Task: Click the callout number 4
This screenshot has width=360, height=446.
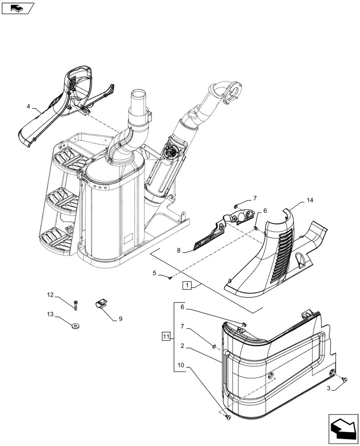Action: (x=29, y=107)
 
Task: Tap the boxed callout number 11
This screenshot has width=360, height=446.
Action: (x=165, y=336)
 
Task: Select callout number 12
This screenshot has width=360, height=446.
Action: (x=50, y=295)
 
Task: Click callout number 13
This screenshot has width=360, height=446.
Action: (x=50, y=314)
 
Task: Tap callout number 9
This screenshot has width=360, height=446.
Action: (x=120, y=319)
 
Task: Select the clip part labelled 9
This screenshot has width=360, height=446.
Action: (x=101, y=304)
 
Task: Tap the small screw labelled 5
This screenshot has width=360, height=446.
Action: (x=170, y=278)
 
